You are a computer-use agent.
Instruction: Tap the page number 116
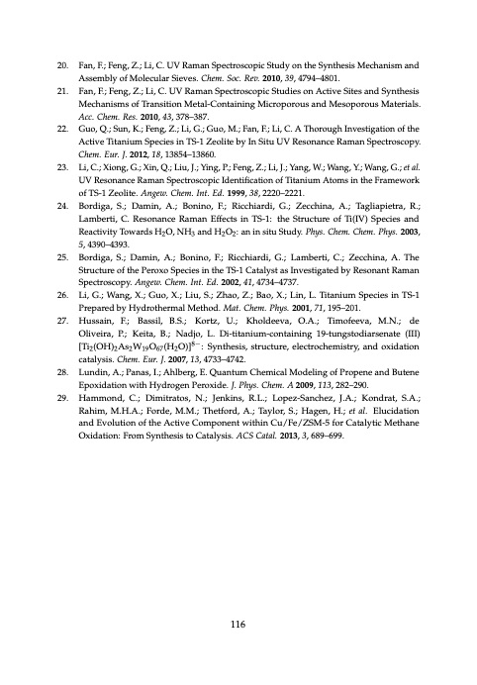pyautogui.click(x=238, y=623)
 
